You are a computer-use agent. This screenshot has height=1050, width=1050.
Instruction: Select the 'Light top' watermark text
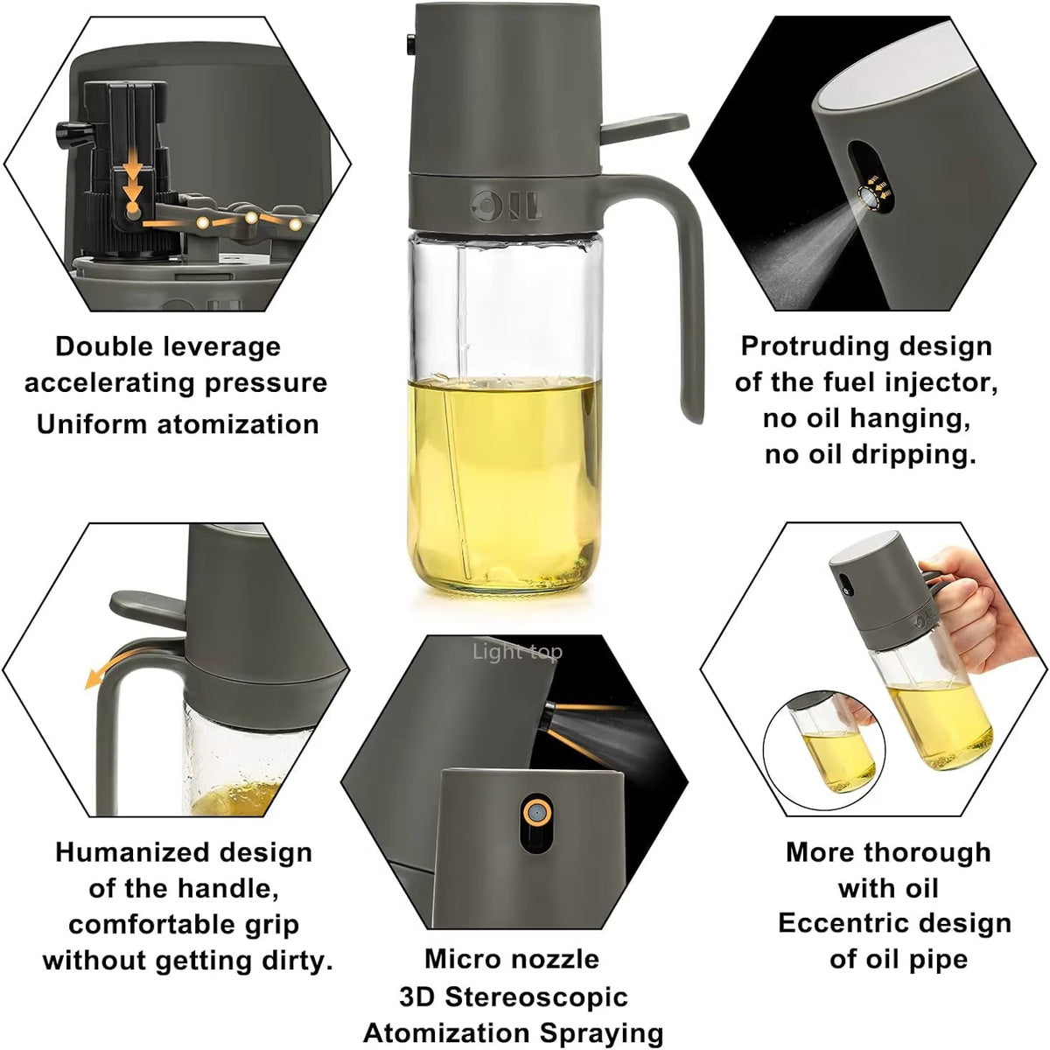(x=517, y=652)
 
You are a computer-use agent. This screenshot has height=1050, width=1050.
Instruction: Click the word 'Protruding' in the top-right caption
(x=818, y=346)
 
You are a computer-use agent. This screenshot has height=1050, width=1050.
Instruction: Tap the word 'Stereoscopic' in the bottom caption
(x=537, y=997)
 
